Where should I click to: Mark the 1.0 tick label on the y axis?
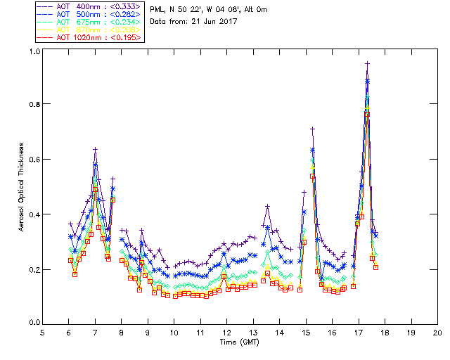pos(34,51)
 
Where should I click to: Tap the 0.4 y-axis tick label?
pos(34,214)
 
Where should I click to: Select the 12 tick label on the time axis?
pos(226,332)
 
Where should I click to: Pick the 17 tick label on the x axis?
pos(359,332)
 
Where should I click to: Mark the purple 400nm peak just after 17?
pos(367,63)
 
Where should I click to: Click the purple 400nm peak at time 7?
pos(95,149)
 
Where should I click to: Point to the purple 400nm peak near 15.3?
pos(312,129)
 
